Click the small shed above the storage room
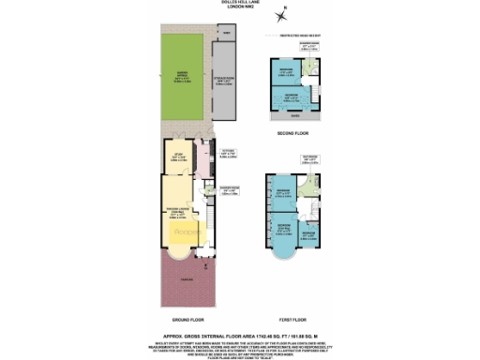click(225, 34)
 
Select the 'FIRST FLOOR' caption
click(293, 317)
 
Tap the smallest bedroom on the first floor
click(309, 231)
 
